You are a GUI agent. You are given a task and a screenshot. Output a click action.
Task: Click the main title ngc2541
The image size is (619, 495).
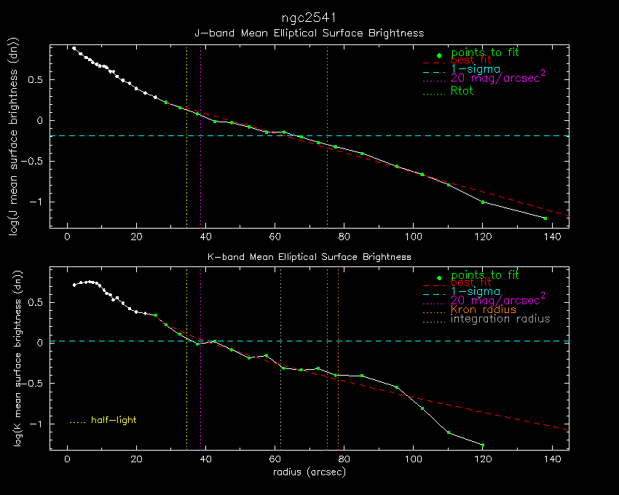tap(309, 17)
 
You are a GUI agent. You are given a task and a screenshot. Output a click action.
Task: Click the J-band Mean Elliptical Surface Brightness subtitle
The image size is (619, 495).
tap(309, 33)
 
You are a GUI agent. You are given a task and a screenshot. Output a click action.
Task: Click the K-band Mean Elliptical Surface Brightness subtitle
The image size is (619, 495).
tap(309, 257)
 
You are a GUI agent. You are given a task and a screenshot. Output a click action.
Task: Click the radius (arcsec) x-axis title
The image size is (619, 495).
tap(309, 472)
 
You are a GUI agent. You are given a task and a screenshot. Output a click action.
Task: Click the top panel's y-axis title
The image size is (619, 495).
tap(13, 138)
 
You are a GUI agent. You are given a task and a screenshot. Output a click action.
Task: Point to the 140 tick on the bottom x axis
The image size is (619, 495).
tap(552, 459)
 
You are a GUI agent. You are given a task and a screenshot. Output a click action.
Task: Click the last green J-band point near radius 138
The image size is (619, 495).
tap(545, 218)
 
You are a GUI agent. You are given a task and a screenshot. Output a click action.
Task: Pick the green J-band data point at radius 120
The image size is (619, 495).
tap(483, 202)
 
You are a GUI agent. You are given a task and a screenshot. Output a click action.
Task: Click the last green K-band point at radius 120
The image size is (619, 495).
tap(483, 445)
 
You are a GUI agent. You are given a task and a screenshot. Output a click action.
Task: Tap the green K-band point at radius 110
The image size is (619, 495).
tap(448, 432)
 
